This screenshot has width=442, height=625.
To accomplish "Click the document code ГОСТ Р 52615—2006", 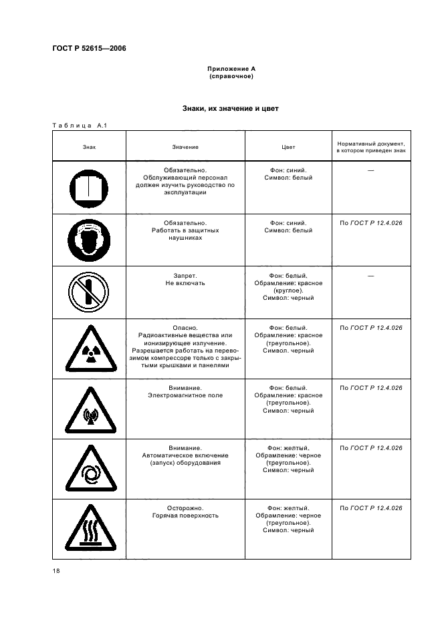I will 89,49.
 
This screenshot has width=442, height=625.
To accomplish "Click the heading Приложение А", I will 231,69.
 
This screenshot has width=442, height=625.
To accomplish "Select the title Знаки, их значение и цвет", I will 230,108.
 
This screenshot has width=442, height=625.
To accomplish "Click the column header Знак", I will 89,147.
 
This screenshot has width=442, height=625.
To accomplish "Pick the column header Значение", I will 185,147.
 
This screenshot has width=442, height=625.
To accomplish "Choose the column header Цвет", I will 288,147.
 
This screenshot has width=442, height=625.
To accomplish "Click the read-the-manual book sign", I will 90,187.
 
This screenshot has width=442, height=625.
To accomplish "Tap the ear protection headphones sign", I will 90,240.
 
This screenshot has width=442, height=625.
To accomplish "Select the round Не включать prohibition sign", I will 90,292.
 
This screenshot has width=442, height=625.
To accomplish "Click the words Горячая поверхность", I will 185,515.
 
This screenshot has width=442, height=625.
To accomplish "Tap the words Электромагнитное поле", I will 185,395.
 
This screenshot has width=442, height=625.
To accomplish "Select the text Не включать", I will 185,283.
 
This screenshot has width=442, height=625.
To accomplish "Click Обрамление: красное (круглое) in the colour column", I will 288,287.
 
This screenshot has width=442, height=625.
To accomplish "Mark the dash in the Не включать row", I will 370,276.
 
